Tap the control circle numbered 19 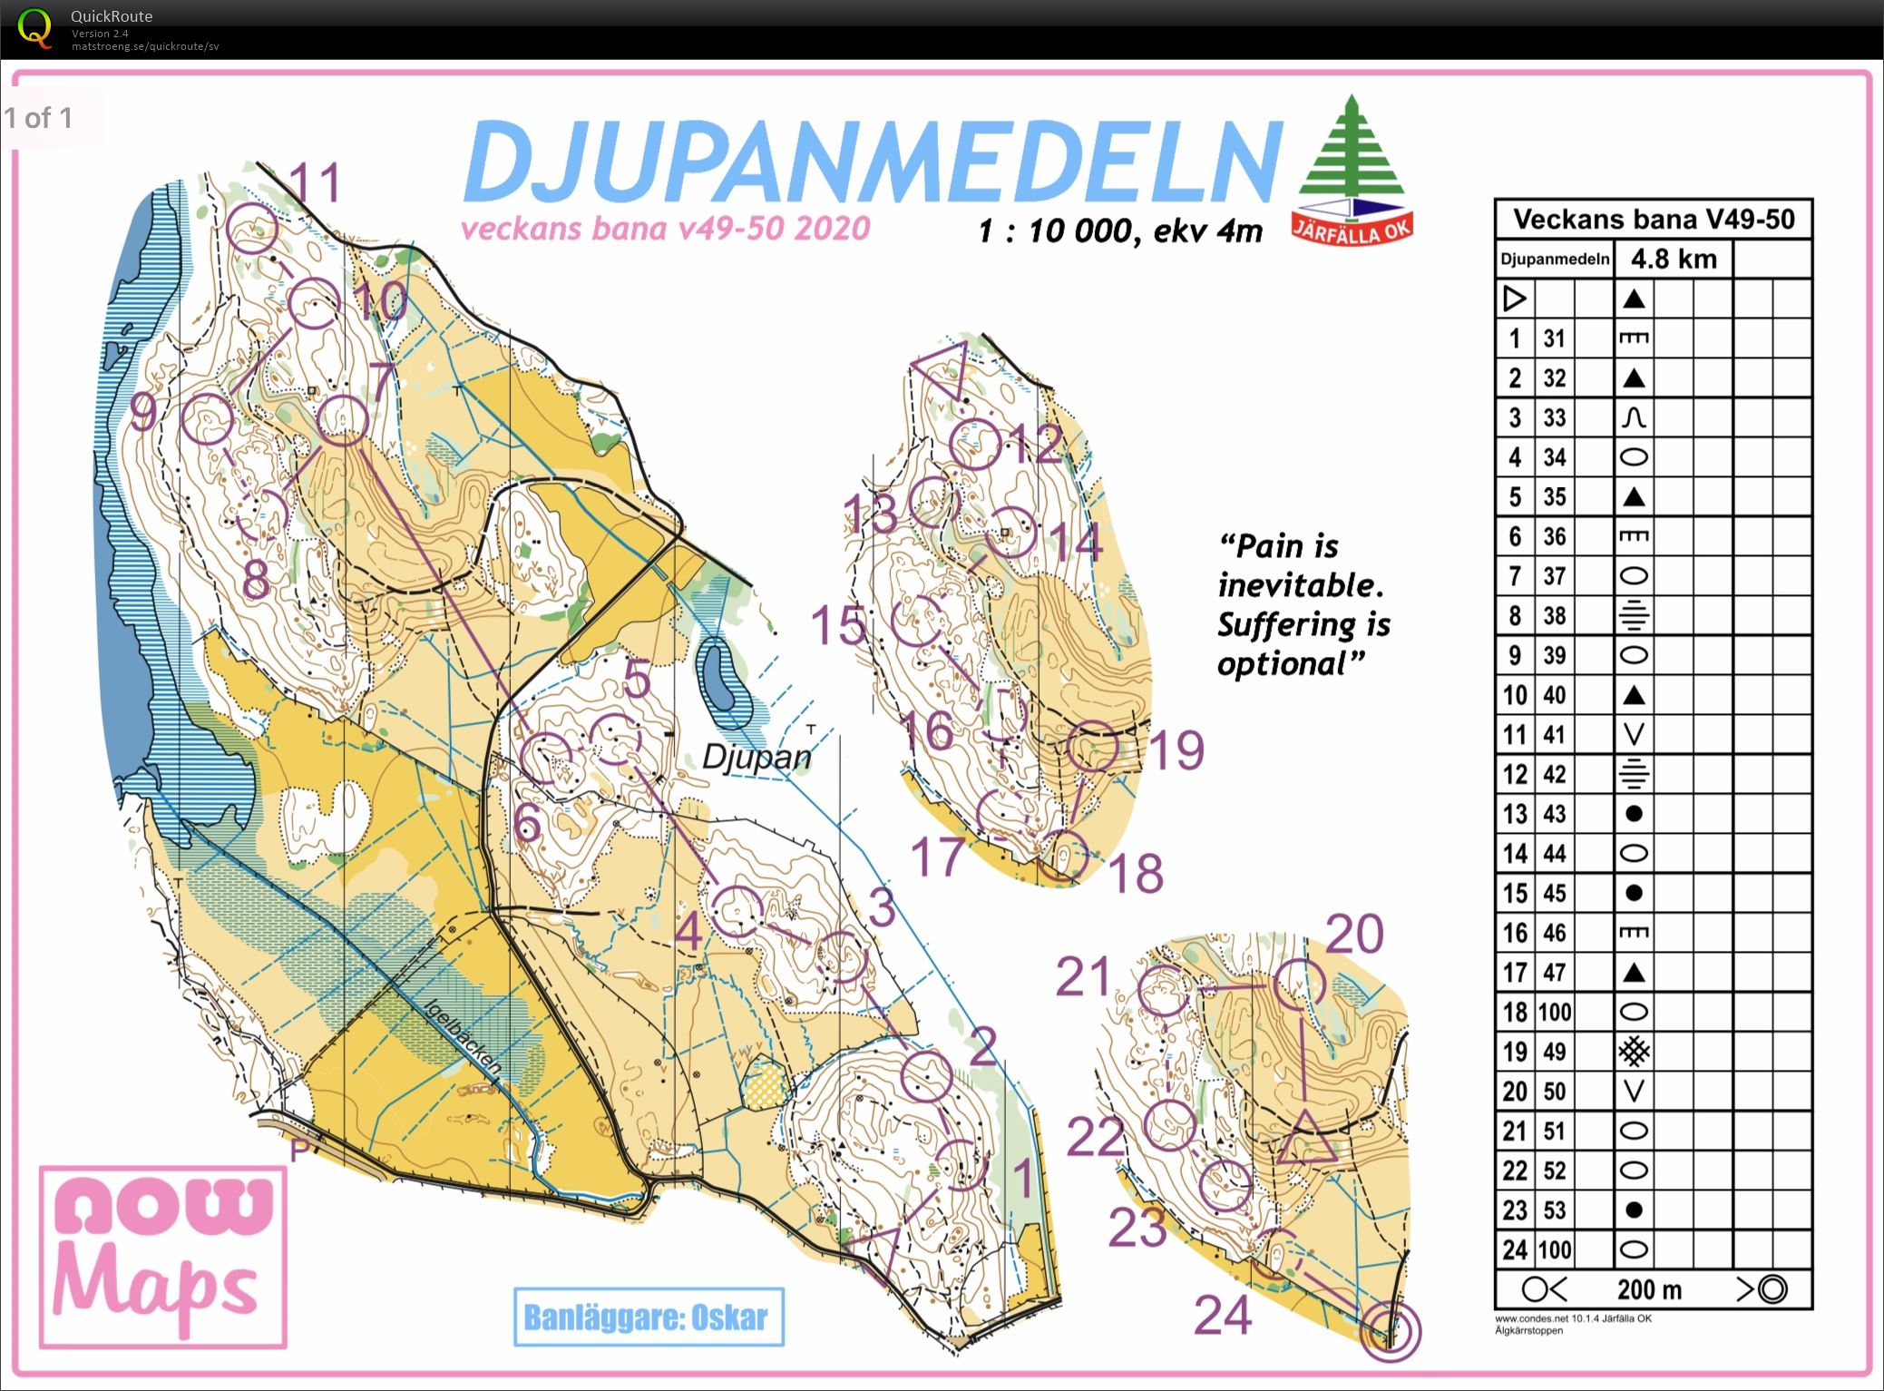[x=1092, y=748]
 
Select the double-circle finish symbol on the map [x=1391, y=1331]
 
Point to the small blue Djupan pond [x=718, y=676]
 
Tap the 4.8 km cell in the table [x=1674, y=260]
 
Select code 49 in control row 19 [x=1554, y=1052]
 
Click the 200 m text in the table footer [x=1648, y=1289]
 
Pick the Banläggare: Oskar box [x=648, y=1317]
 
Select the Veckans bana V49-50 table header [x=1653, y=220]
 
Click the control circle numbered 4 [x=737, y=911]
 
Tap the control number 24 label [x=1222, y=1315]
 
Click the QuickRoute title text [x=111, y=15]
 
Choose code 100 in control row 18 [x=1554, y=1012]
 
